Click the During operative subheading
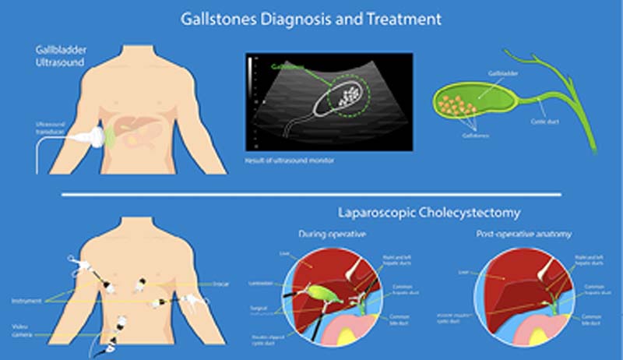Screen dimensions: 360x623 [x=333, y=233]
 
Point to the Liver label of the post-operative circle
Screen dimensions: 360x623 [x=464, y=272]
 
